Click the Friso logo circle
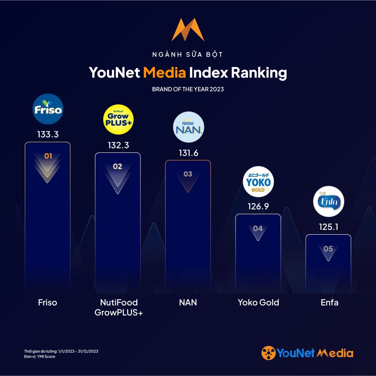pos(48,109)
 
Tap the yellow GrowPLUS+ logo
pos(118,120)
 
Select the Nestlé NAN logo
pos(189,127)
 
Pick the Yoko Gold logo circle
pos(258,182)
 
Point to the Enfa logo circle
pos(329,202)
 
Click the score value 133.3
pos(48,135)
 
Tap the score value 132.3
pos(118,145)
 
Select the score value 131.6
pos(189,153)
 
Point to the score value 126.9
pos(258,207)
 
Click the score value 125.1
pos(329,227)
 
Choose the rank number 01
pos(48,156)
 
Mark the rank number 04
pos(258,229)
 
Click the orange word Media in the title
pos(164,73)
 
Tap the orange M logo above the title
pos(188,30)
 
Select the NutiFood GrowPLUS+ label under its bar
pos(119,307)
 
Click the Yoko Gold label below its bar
pos(258,303)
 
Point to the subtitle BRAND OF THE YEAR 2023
pos(188,89)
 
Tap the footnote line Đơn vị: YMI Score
pos(40,357)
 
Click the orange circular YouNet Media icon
pos(268,353)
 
